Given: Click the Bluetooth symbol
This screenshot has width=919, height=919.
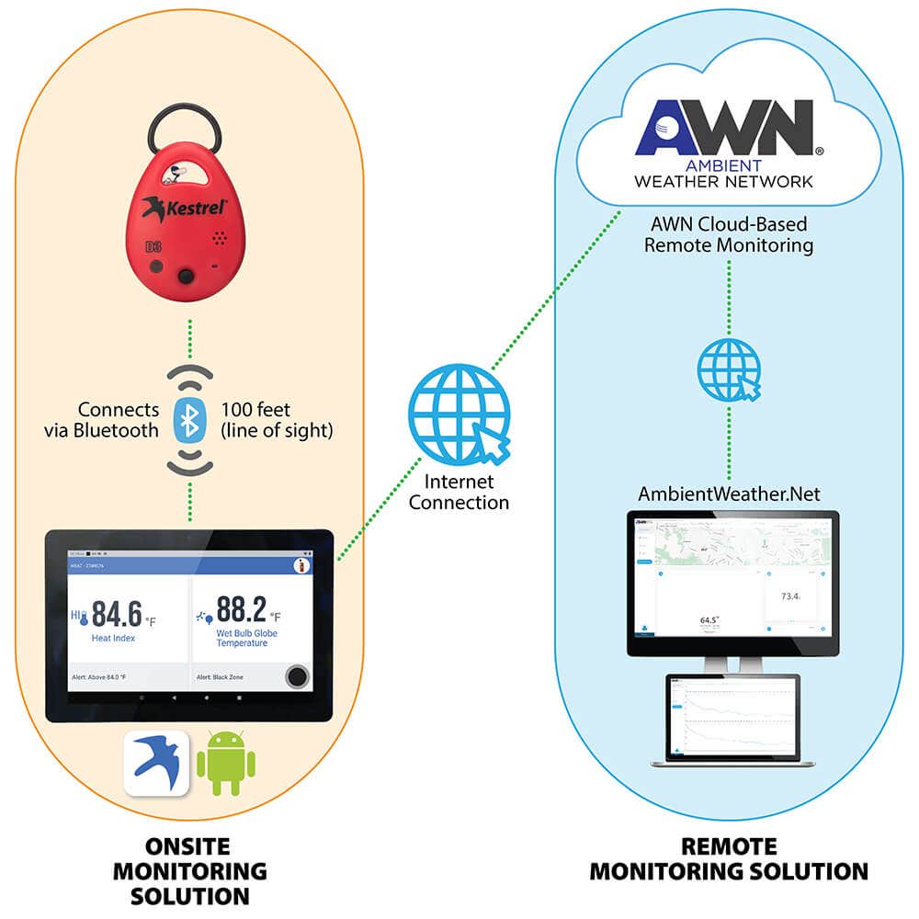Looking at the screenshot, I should pyautogui.click(x=189, y=420).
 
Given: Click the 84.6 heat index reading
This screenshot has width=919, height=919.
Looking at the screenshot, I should pyautogui.click(x=118, y=611).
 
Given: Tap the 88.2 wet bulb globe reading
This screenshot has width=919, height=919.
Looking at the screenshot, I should pyautogui.click(x=242, y=607).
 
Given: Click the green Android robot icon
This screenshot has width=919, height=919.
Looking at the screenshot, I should pyautogui.click(x=226, y=763).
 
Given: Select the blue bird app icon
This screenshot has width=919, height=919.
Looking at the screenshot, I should pyautogui.click(x=157, y=763).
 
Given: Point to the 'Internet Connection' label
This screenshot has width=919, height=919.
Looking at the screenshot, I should pyautogui.click(x=459, y=492).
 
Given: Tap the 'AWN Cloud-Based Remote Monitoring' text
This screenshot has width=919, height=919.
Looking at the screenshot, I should pyautogui.click(x=728, y=235).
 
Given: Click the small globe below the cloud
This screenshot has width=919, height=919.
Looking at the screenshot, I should pyautogui.click(x=729, y=369).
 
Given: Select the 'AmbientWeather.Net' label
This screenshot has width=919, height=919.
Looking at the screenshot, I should pyautogui.click(x=729, y=494).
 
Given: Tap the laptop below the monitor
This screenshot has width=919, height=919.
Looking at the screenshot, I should pyautogui.click(x=732, y=721).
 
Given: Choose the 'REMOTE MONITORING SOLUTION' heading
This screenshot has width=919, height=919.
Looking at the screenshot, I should pyautogui.click(x=729, y=858).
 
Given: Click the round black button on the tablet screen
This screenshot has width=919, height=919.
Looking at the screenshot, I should pyautogui.click(x=297, y=677).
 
